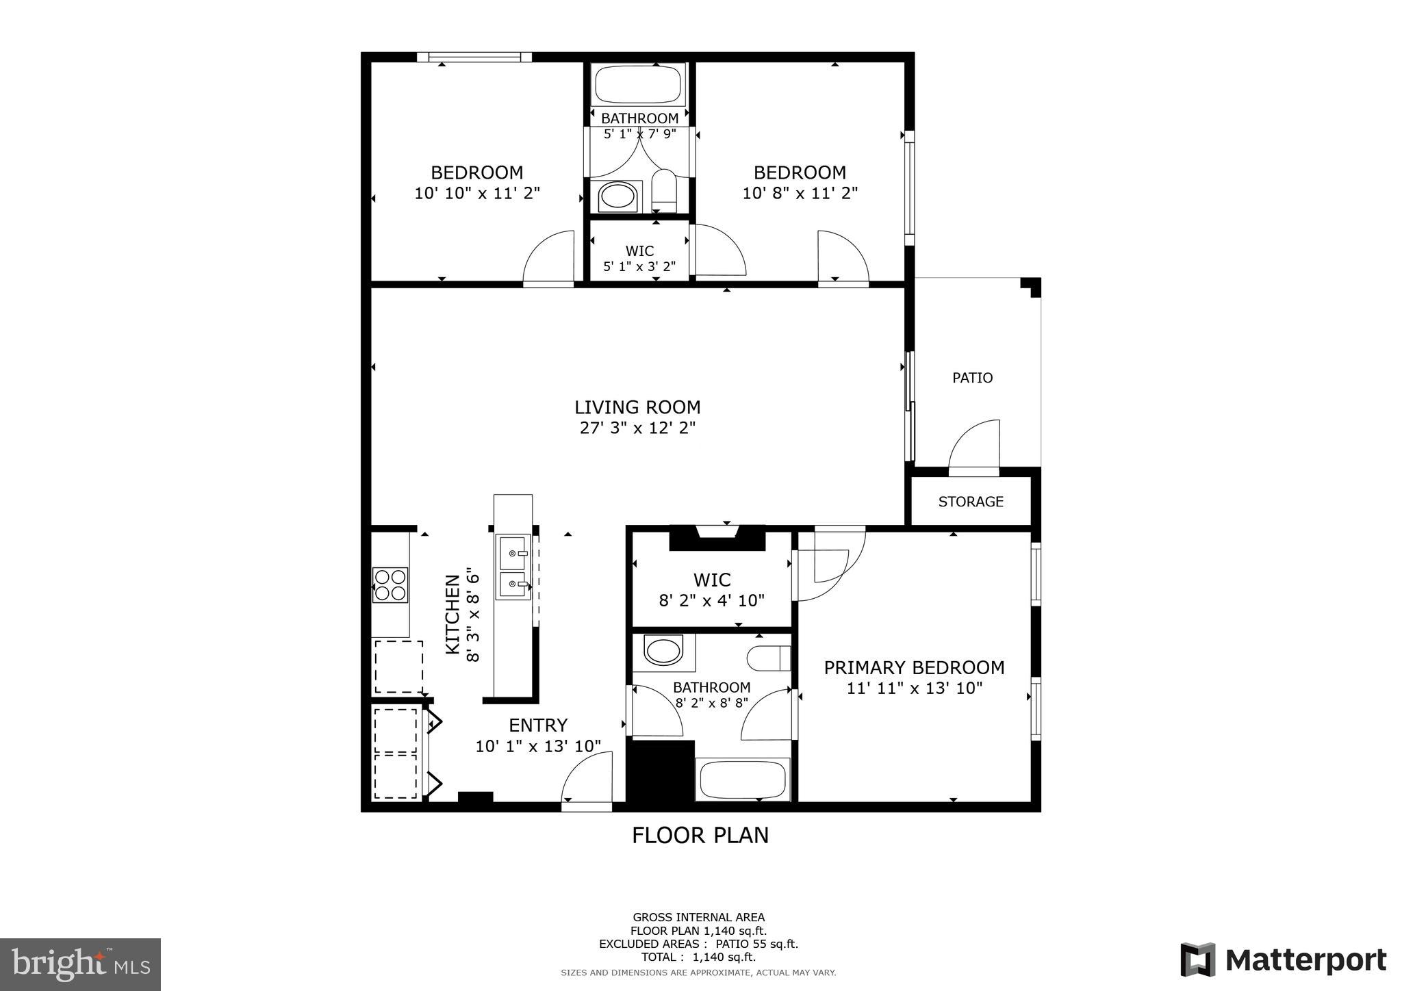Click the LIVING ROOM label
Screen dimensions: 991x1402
click(x=637, y=408)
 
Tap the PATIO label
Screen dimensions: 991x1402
click(x=972, y=378)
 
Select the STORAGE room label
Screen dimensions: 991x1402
click(x=970, y=502)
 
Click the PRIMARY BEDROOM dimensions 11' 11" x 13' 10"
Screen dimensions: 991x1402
click(x=915, y=688)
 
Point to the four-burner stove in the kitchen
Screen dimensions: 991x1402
click(x=390, y=584)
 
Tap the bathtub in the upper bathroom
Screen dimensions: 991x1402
click(x=639, y=84)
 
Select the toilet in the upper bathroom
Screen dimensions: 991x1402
click(x=663, y=191)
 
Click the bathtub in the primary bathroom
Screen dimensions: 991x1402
click(x=743, y=780)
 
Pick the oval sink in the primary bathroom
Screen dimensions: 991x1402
click(x=663, y=650)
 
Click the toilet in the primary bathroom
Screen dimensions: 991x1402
click(x=768, y=659)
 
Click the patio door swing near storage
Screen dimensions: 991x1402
click(x=973, y=445)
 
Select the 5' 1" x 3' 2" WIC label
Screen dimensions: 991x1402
click(x=639, y=266)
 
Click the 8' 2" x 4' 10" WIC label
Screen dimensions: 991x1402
click(x=711, y=601)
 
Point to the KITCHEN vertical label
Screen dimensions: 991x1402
click(x=453, y=614)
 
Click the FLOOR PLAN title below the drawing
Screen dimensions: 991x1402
click(x=700, y=836)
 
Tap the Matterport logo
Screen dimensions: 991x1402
click(x=1284, y=960)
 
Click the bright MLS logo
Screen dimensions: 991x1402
click(x=80, y=964)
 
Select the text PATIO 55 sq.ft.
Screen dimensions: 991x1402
click(x=756, y=944)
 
